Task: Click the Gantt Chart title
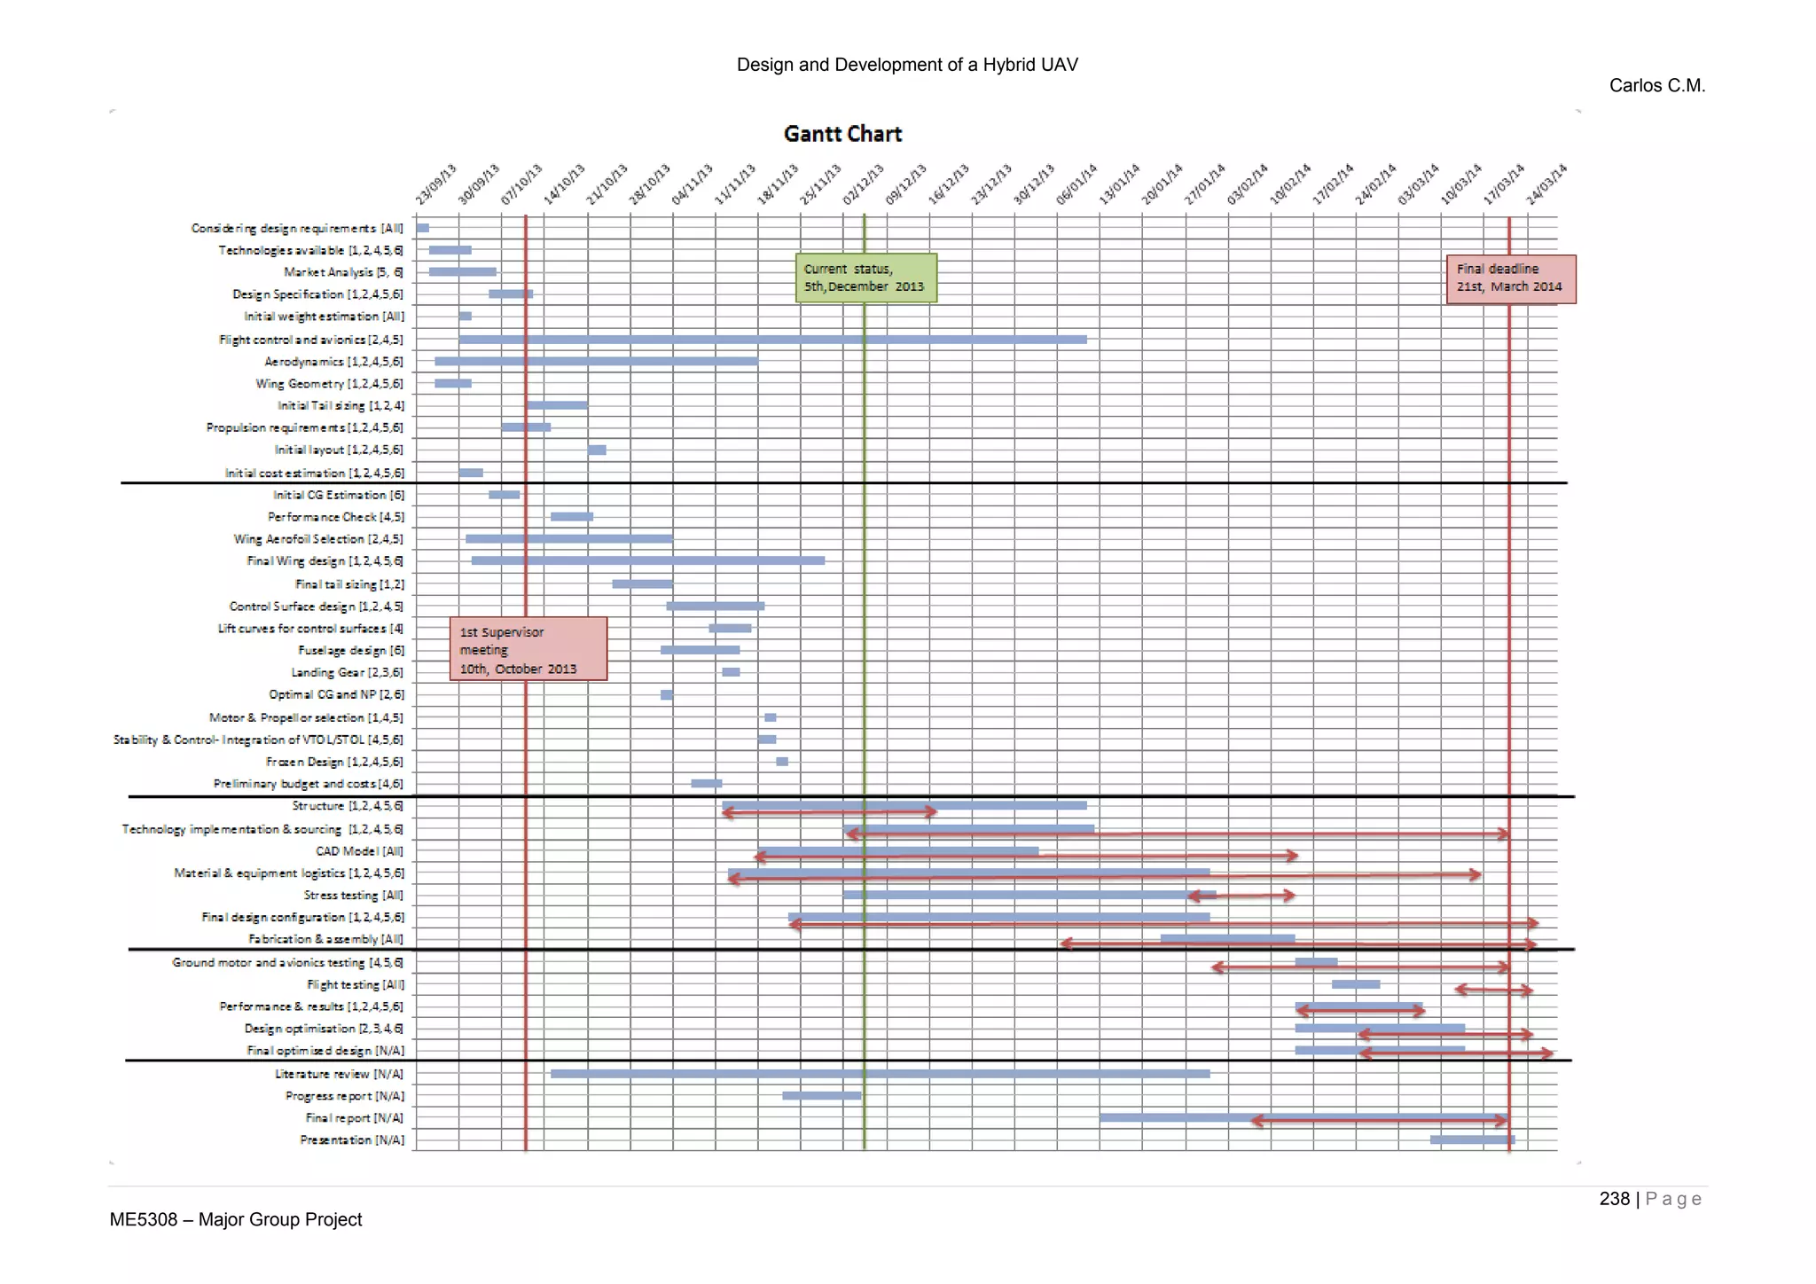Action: click(x=842, y=134)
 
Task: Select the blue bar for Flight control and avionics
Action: click(x=771, y=340)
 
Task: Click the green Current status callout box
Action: click(x=865, y=278)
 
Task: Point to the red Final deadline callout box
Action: click(x=1510, y=278)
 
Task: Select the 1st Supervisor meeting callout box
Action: click(x=528, y=649)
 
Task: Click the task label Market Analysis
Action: click(x=343, y=272)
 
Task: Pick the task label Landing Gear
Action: click(x=347, y=672)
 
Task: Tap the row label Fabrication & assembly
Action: click(x=325, y=939)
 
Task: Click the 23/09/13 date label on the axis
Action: click(x=435, y=184)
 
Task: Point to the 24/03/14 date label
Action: click(x=1546, y=184)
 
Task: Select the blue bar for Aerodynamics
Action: click(x=596, y=361)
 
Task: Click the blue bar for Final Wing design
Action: click(x=647, y=560)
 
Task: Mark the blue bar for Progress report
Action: click(x=821, y=1096)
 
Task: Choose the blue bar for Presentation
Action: click(x=1472, y=1139)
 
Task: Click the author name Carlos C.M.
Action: click(x=1656, y=86)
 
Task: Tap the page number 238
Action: click(x=1614, y=1199)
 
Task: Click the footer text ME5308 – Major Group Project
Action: click(x=236, y=1220)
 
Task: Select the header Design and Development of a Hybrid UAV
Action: click(x=907, y=65)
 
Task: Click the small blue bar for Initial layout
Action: click(x=597, y=450)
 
